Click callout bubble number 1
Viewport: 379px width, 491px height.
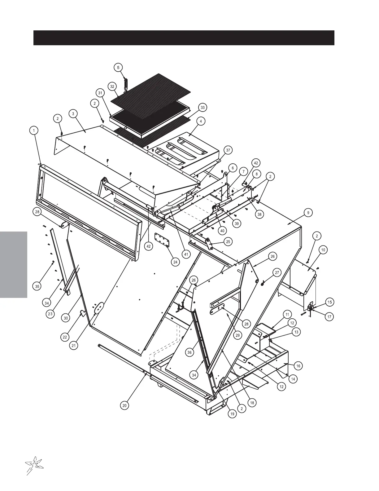[34, 130]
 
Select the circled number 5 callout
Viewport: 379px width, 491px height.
[118, 67]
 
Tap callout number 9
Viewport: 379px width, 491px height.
[308, 213]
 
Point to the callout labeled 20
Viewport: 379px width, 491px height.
[124, 405]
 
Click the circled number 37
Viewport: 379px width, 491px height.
[228, 150]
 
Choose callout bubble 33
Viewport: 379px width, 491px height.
[202, 108]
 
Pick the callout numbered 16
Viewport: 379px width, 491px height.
[298, 366]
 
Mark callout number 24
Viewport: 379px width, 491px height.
[175, 262]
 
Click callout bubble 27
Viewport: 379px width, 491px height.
[277, 273]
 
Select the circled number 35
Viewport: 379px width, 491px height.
[37, 286]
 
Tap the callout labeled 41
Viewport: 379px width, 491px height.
[186, 254]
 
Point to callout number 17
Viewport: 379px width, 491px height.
[330, 317]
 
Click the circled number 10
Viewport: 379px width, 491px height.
[323, 250]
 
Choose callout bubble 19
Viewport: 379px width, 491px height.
[232, 414]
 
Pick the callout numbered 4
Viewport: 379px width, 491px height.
[201, 122]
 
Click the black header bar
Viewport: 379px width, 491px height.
[184, 38]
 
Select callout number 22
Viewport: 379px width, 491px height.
[65, 337]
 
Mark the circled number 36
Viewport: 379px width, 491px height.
[190, 352]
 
